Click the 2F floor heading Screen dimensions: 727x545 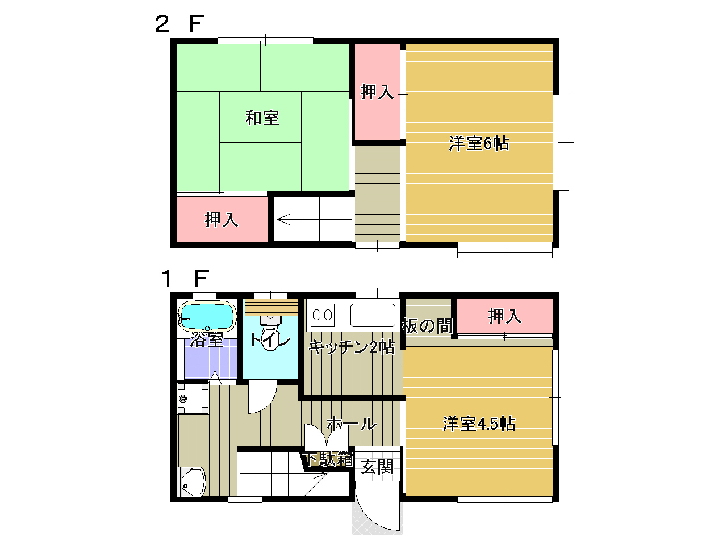tap(179, 24)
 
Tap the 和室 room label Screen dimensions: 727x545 tap(262, 118)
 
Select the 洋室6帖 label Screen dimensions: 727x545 tap(479, 143)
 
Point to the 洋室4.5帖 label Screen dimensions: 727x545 tap(479, 424)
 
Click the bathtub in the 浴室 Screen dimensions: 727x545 tap(207, 316)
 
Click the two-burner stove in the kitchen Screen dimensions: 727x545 tap(322, 315)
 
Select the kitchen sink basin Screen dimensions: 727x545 tap(373, 315)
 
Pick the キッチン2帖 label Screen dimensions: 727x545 tap(352, 347)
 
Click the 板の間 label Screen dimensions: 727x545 tap(427, 326)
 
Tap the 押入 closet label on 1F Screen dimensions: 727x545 tap(504, 316)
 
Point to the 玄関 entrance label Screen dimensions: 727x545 tap(377, 467)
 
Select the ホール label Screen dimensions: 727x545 tap(352, 424)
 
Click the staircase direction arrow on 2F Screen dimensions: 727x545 tap(283, 219)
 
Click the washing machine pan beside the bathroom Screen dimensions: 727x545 tap(193, 399)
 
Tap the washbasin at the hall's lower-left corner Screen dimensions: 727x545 tap(191, 482)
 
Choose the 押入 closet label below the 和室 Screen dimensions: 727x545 tap(222, 220)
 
